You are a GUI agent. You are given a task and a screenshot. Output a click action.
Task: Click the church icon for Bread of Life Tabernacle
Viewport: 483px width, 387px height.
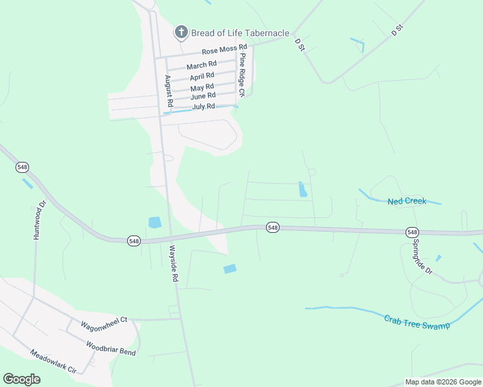coord(181,32)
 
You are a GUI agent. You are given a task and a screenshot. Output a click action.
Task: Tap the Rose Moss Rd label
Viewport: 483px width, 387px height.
coord(224,49)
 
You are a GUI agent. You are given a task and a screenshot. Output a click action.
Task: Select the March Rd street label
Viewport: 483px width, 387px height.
coord(201,66)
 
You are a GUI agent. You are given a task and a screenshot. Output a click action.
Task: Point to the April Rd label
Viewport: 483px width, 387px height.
coord(201,77)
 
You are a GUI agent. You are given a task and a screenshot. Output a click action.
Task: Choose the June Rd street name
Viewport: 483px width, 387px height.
coord(203,96)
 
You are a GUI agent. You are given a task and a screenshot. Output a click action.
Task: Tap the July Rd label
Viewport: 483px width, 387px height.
coord(203,106)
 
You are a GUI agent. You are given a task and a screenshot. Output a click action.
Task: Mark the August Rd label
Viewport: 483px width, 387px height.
coord(169,91)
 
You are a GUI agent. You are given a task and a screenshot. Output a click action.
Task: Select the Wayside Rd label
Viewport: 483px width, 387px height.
coord(173,263)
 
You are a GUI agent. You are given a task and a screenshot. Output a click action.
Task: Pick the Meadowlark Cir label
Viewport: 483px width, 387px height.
coord(54,362)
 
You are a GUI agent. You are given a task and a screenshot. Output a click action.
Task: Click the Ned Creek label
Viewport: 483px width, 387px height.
coord(407,201)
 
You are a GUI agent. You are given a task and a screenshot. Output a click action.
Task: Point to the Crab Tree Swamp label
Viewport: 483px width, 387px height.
coord(416,322)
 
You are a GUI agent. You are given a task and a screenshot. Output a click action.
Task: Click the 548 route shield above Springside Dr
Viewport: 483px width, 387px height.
coord(412,232)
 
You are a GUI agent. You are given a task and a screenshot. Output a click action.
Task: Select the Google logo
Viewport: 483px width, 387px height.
coord(21,379)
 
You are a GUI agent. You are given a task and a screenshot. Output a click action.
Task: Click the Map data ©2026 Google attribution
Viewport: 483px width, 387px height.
coord(442,382)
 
